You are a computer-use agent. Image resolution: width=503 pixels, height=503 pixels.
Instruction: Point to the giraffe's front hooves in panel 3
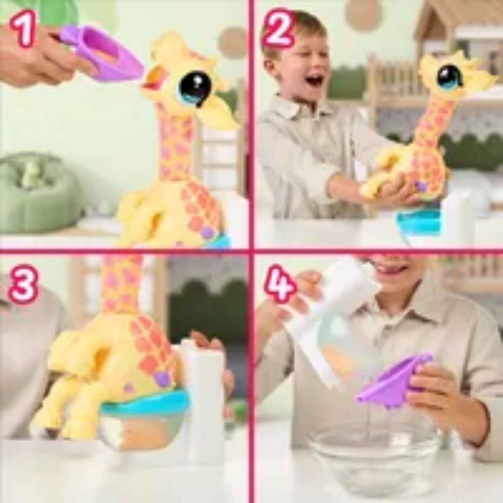64,424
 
